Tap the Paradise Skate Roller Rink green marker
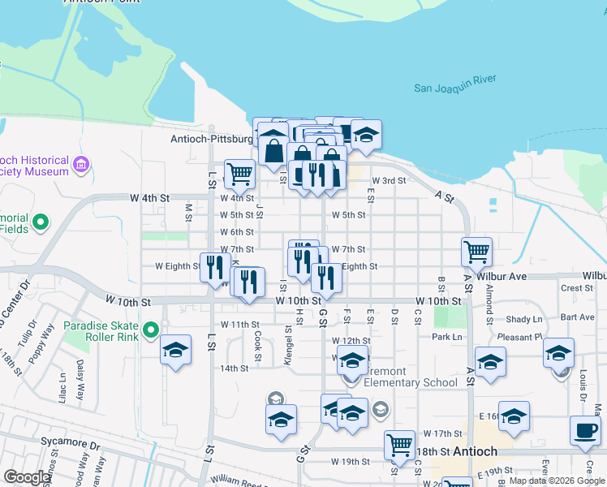point(150,330)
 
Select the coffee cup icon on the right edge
point(584,429)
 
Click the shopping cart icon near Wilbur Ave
point(477,251)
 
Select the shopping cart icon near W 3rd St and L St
point(239,172)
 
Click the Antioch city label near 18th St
point(475,451)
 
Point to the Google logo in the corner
point(28,477)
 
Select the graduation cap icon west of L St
point(175,350)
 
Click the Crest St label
point(576,288)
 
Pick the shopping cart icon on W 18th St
point(399,444)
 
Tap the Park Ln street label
point(446,337)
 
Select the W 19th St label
point(350,462)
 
